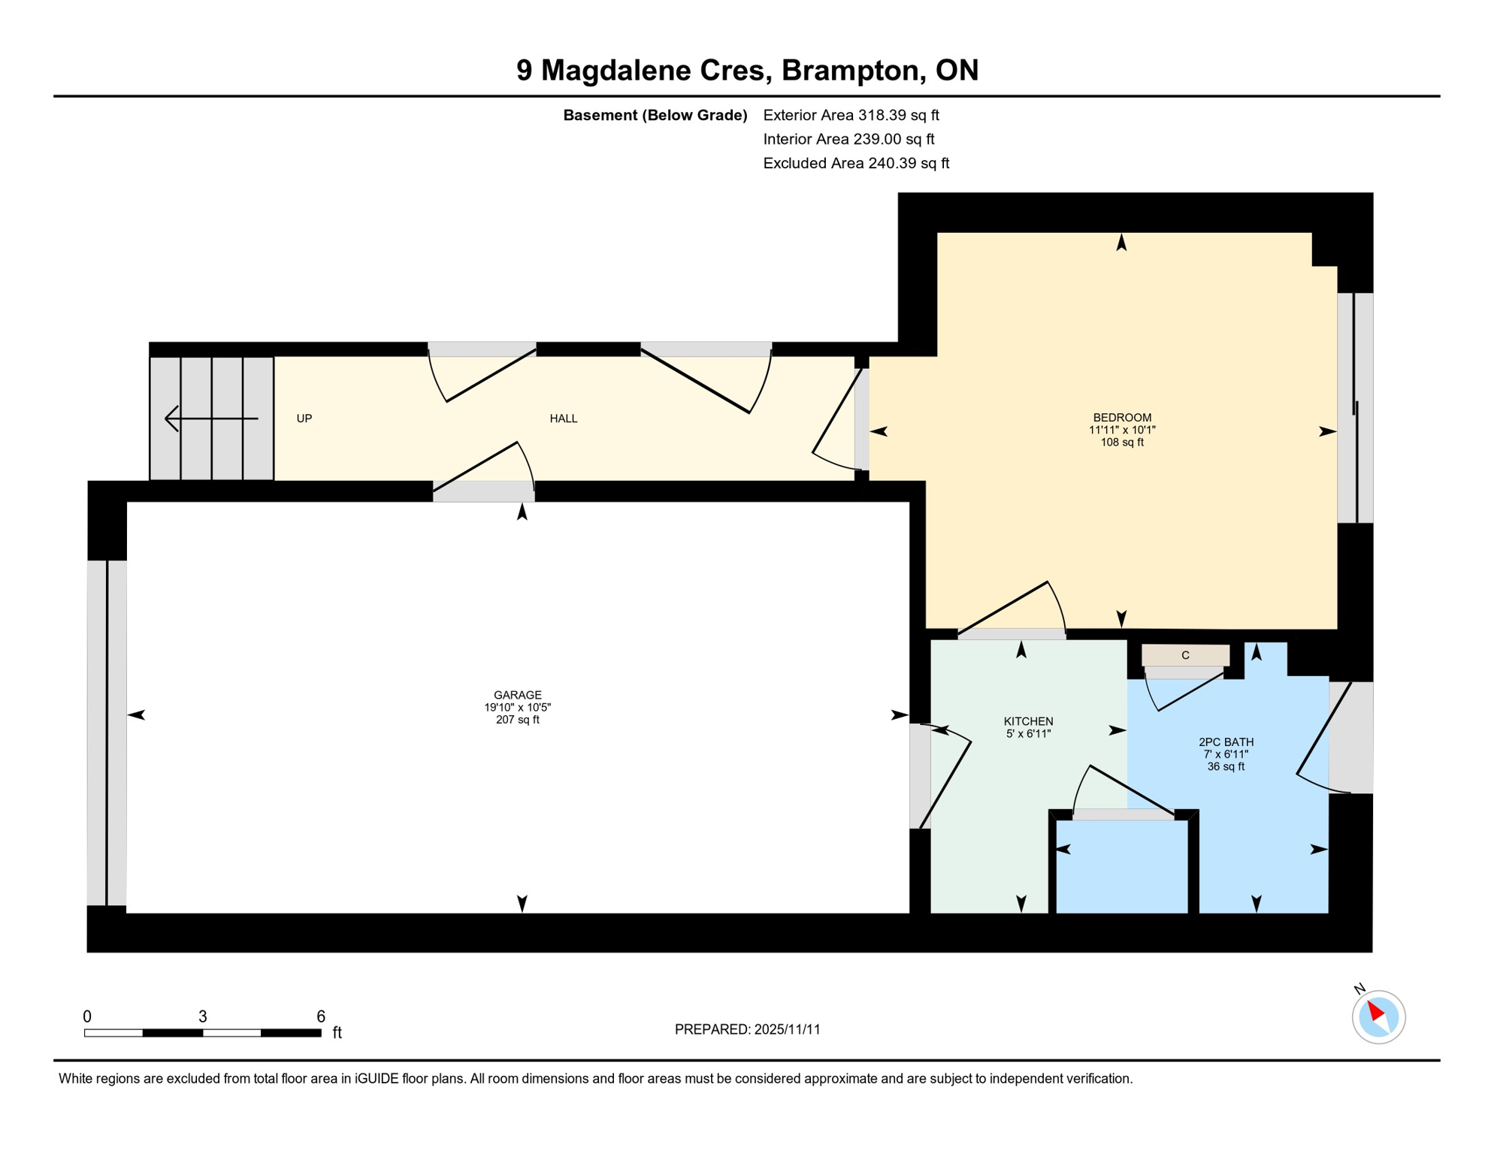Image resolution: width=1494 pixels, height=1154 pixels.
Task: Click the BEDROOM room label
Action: click(x=1121, y=418)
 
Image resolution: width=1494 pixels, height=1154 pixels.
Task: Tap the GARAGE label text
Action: click(x=517, y=695)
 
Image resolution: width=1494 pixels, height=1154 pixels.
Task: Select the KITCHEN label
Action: click(x=1028, y=721)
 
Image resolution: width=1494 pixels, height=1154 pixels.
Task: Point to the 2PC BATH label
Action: click(x=1226, y=742)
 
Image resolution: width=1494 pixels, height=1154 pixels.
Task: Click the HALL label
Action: click(x=563, y=418)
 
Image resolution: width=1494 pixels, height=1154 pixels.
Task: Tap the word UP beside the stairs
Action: click(x=304, y=418)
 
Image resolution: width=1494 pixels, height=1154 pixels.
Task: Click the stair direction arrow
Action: click(x=211, y=418)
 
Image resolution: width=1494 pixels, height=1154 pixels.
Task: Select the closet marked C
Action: click(x=1185, y=655)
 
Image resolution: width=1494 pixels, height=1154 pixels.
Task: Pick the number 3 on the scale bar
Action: click(x=202, y=1017)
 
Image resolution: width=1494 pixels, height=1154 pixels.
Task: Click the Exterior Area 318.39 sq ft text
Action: click(x=851, y=115)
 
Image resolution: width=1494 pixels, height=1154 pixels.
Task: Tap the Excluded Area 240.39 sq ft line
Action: click(x=856, y=163)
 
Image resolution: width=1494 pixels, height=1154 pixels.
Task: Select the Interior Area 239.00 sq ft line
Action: click(x=848, y=139)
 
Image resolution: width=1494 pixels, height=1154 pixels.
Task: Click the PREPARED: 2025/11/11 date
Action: click(x=747, y=1029)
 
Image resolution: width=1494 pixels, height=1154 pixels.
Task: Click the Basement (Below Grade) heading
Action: click(x=655, y=115)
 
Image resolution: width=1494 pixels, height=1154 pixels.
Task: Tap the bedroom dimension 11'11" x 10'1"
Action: click(x=1121, y=430)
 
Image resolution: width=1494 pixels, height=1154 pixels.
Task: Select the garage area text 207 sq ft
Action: click(x=517, y=720)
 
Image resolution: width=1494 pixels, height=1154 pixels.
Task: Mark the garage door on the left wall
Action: click(x=107, y=733)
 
